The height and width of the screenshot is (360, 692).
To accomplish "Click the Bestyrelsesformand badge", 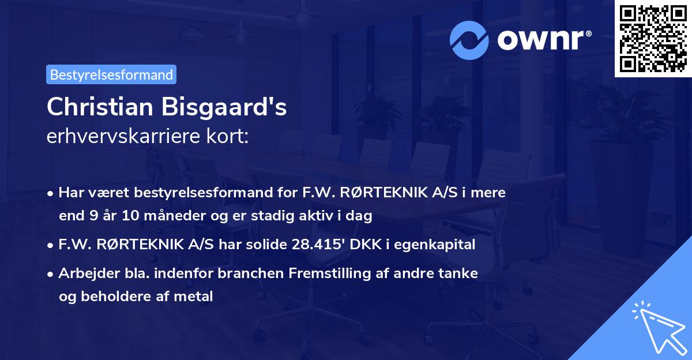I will (111, 74).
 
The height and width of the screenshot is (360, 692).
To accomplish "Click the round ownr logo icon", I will (469, 40).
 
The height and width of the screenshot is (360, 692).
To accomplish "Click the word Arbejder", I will (84, 273).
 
